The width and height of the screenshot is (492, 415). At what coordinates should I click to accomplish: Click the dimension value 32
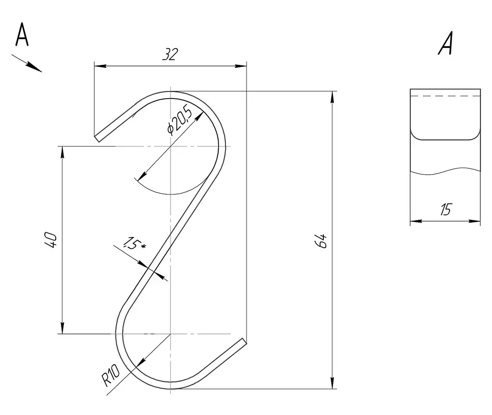click(x=171, y=54)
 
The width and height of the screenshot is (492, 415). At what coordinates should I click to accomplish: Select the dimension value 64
click(x=321, y=241)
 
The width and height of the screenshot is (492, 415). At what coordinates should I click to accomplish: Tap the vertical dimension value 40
click(x=51, y=240)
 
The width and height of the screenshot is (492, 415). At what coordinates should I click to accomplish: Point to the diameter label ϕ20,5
click(x=179, y=120)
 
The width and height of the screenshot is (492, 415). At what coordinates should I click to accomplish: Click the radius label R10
click(x=111, y=375)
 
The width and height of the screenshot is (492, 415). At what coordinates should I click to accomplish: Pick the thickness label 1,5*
click(x=134, y=244)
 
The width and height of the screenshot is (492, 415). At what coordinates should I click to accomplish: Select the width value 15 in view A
click(x=445, y=210)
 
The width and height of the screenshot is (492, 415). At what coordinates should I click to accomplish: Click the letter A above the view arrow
click(x=22, y=34)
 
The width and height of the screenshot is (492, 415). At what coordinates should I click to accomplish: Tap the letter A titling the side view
click(x=446, y=43)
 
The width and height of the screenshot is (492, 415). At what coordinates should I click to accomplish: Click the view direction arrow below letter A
click(x=27, y=63)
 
